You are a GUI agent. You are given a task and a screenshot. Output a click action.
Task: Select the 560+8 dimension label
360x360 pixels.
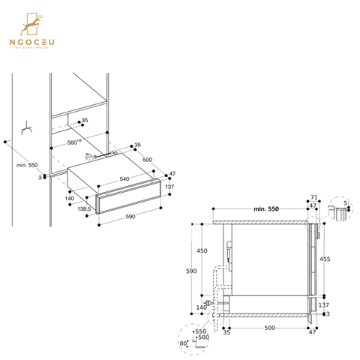click(x=74, y=141)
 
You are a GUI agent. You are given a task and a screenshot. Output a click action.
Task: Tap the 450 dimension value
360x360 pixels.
click(x=202, y=251)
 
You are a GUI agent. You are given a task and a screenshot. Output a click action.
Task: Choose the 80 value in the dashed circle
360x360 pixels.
click(x=184, y=343)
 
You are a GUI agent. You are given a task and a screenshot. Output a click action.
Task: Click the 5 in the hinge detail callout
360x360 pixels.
click(x=344, y=202)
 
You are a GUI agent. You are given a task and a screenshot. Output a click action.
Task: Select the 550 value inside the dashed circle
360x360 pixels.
click(x=200, y=331)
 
